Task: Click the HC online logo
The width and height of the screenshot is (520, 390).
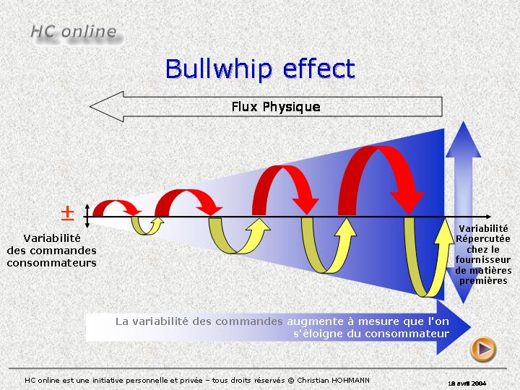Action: [x=74, y=32]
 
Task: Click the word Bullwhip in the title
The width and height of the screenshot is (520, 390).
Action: [x=218, y=69]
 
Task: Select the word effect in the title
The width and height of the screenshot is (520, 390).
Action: [x=319, y=69]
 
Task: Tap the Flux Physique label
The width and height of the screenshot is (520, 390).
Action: [x=276, y=107]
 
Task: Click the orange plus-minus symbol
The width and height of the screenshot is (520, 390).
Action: [x=67, y=213]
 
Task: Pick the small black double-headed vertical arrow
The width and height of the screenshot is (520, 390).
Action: [x=87, y=216]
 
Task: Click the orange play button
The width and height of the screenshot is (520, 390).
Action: [x=483, y=349]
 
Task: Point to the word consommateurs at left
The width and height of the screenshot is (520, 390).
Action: [x=52, y=264]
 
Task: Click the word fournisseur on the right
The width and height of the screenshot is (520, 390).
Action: [x=483, y=260]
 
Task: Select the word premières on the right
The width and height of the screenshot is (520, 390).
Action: [x=483, y=281]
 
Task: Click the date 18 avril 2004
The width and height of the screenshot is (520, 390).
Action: [x=467, y=383]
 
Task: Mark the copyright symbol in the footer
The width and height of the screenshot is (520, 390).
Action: [x=291, y=381]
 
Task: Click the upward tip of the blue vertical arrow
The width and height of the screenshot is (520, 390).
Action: [x=463, y=122]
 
